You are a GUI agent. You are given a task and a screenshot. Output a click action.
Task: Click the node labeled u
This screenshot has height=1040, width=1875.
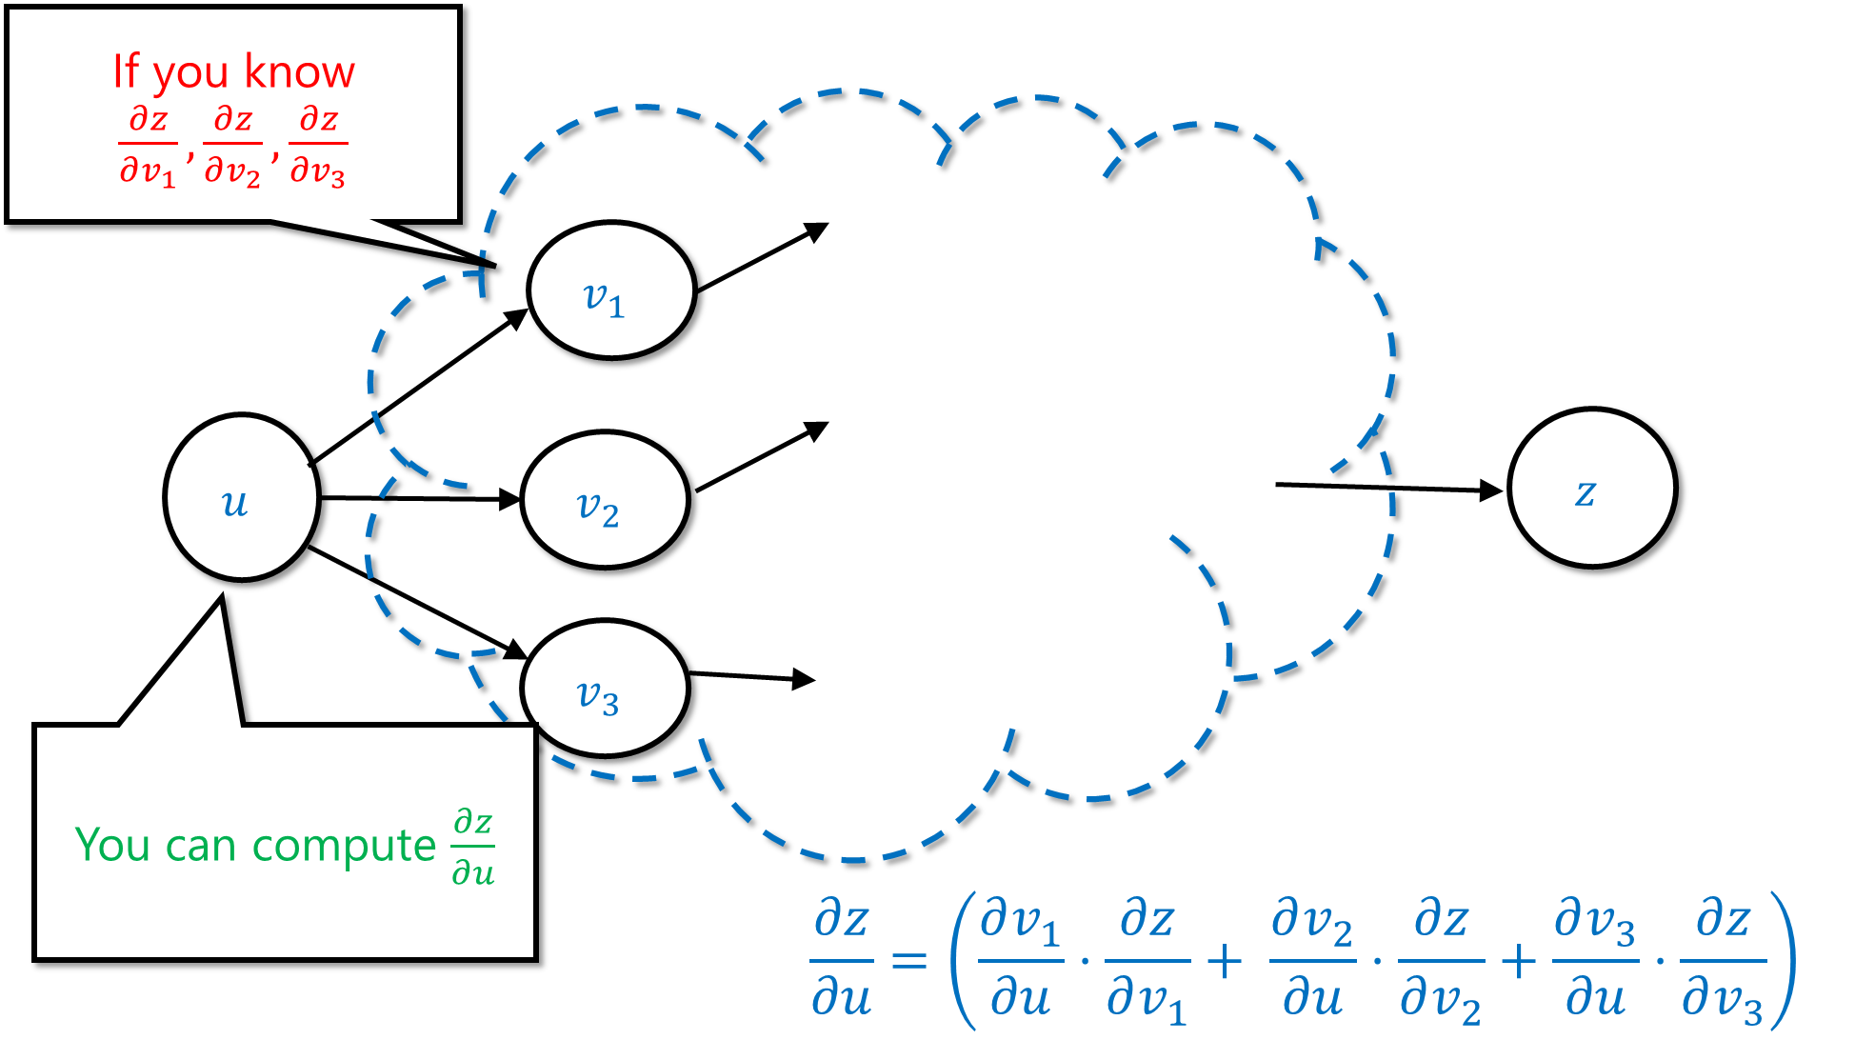click(242, 497)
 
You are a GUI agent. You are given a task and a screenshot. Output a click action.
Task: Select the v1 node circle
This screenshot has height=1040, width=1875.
click(611, 290)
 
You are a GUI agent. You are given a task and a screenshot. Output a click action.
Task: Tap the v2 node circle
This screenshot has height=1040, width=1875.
click(605, 500)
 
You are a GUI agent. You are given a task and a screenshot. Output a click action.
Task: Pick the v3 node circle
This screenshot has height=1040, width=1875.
click(605, 689)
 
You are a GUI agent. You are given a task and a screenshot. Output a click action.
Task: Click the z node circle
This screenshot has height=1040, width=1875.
click(1592, 488)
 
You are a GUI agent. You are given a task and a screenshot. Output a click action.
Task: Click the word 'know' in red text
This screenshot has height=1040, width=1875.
click(299, 71)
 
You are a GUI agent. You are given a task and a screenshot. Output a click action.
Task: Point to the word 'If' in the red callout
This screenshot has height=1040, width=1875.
click(126, 71)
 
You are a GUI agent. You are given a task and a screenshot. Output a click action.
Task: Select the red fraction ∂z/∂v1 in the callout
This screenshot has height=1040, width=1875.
click(148, 146)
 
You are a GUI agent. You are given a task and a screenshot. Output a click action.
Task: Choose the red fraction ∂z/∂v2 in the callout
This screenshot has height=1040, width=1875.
click(232, 146)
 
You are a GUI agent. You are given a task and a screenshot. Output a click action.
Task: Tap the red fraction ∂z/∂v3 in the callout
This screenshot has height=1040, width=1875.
click(318, 146)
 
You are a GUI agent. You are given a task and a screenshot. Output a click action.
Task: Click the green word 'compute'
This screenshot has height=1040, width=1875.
click(344, 846)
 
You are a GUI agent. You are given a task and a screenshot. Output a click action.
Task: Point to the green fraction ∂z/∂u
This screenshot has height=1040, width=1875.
click(473, 847)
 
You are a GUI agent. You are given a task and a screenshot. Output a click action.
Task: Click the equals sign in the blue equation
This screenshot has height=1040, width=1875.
click(909, 959)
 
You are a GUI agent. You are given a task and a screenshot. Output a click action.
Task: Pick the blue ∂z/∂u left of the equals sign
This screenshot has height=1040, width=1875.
click(842, 959)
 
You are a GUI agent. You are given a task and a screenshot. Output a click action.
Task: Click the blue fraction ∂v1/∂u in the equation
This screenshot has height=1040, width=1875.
click(1021, 959)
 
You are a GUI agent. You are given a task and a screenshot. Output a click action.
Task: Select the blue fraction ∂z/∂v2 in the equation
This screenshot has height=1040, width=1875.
click(1441, 961)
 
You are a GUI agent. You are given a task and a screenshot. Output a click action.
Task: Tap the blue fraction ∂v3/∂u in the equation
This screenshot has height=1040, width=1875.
click(1596, 959)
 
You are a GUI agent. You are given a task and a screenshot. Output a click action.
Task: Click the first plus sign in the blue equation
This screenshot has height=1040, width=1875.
click(1225, 961)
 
